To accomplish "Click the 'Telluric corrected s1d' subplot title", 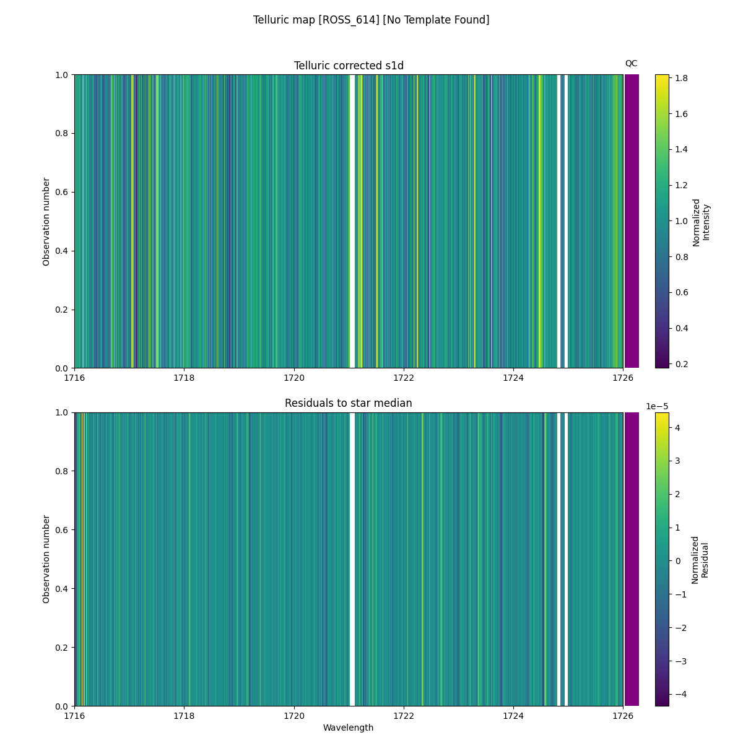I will tap(349, 66).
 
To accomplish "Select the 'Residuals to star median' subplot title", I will tap(349, 403).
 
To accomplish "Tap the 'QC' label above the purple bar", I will tap(631, 63).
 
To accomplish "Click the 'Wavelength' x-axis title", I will tap(349, 728).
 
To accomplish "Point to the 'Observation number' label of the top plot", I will tap(46, 221).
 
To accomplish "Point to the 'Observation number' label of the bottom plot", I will tap(46, 559).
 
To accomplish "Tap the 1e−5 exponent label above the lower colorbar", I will tap(657, 406).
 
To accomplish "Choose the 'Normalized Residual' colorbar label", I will tap(700, 559).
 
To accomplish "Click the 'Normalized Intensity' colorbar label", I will tap(701, 221).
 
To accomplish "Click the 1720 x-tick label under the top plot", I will tap(294, 378).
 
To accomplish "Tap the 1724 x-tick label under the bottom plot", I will tap(513, 716).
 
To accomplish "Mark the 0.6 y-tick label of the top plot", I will tap(62, 192).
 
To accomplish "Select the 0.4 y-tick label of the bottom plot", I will tap(62, 589).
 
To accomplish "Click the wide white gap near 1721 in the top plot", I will tap(352, 221).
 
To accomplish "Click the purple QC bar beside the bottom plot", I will tap(632, 559).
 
